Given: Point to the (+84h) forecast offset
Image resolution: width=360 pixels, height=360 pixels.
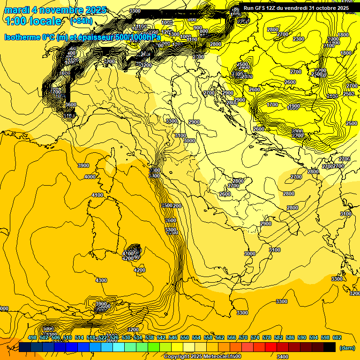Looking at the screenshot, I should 81,21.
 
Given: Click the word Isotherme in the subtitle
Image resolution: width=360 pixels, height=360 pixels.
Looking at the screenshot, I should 23,37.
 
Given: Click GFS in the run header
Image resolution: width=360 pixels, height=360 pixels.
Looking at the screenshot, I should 263,8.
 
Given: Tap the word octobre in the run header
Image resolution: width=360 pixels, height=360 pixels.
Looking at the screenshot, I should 320,8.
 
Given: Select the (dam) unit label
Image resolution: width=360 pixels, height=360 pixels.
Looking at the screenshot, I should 346,347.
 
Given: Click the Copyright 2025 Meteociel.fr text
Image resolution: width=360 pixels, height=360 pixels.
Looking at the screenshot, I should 202,356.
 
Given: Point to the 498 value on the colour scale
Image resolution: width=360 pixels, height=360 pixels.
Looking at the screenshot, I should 32,338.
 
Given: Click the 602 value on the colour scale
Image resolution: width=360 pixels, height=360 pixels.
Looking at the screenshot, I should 337,338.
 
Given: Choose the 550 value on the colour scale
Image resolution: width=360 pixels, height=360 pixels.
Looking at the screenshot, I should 185,338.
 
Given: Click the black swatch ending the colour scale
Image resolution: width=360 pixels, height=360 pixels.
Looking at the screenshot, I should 330,347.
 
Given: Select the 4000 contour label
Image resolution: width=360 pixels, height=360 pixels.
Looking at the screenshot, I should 90,177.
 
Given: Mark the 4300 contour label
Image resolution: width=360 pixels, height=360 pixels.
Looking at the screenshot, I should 101,280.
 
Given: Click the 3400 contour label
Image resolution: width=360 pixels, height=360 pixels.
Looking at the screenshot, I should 283,357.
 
